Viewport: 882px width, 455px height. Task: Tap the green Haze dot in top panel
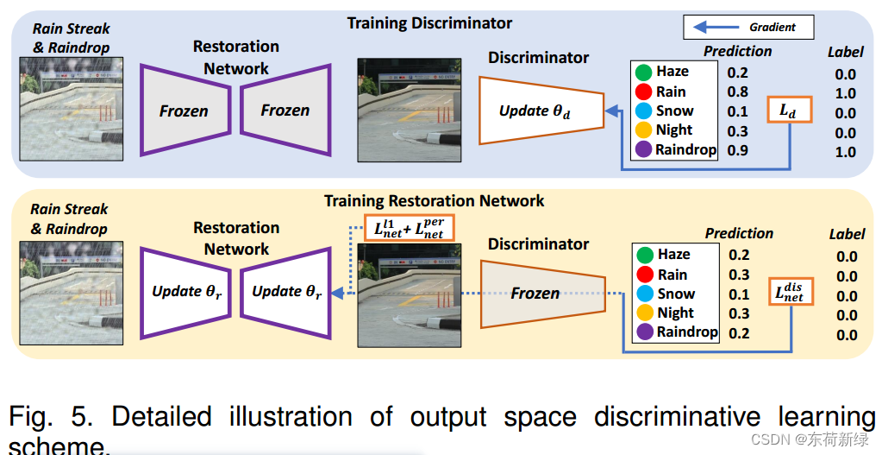(643, 73)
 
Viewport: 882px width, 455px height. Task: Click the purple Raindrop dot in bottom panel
(643, 332)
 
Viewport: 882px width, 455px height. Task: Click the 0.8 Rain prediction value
(737, 92)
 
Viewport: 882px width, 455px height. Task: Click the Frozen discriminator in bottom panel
(535, 293)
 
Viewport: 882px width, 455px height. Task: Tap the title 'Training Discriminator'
(429, 23)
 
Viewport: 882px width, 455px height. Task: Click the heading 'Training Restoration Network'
(434, 201)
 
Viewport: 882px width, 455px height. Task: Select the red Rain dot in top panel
(643, 92)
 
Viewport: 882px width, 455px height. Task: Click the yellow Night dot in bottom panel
(643, 313)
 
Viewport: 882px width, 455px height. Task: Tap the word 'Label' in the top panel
(845, 52)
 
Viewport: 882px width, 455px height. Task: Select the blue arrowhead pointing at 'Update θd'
(610, 111)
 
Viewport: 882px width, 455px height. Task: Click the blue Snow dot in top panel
(643, 111)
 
